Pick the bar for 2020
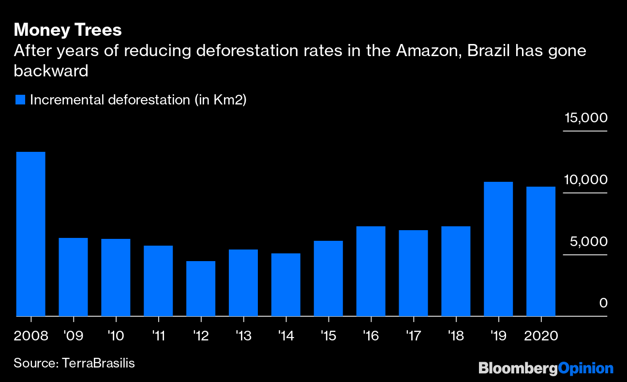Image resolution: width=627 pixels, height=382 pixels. (x=541, y=251)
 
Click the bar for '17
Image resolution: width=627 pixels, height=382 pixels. (x=413, y=273)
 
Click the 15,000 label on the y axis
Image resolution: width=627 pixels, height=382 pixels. (x=584, y=118)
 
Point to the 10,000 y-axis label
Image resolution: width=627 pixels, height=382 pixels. (x=584, y=180)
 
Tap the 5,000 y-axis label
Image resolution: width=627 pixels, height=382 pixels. (x=588, y=242)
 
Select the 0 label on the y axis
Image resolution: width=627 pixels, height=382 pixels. (x=603, y=303)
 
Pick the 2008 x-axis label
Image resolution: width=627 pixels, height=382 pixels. (x=31, y=336)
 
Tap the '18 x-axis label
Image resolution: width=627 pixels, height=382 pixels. (x=456, y=336)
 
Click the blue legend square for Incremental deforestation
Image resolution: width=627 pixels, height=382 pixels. (x=20, y=100)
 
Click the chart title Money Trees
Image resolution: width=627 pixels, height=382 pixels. (x=67, y=30)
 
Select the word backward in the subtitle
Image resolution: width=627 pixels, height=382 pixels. (x=51, y=71)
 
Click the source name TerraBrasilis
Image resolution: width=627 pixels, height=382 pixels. (x=98, y=363)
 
